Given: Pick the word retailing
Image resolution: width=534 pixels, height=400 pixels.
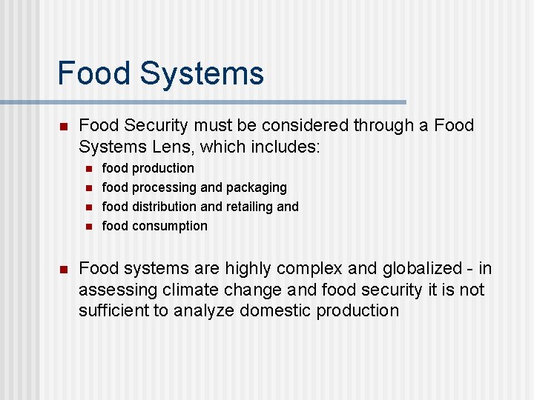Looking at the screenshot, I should (248, 207).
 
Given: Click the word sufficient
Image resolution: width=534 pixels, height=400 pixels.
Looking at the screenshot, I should (113, 310).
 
